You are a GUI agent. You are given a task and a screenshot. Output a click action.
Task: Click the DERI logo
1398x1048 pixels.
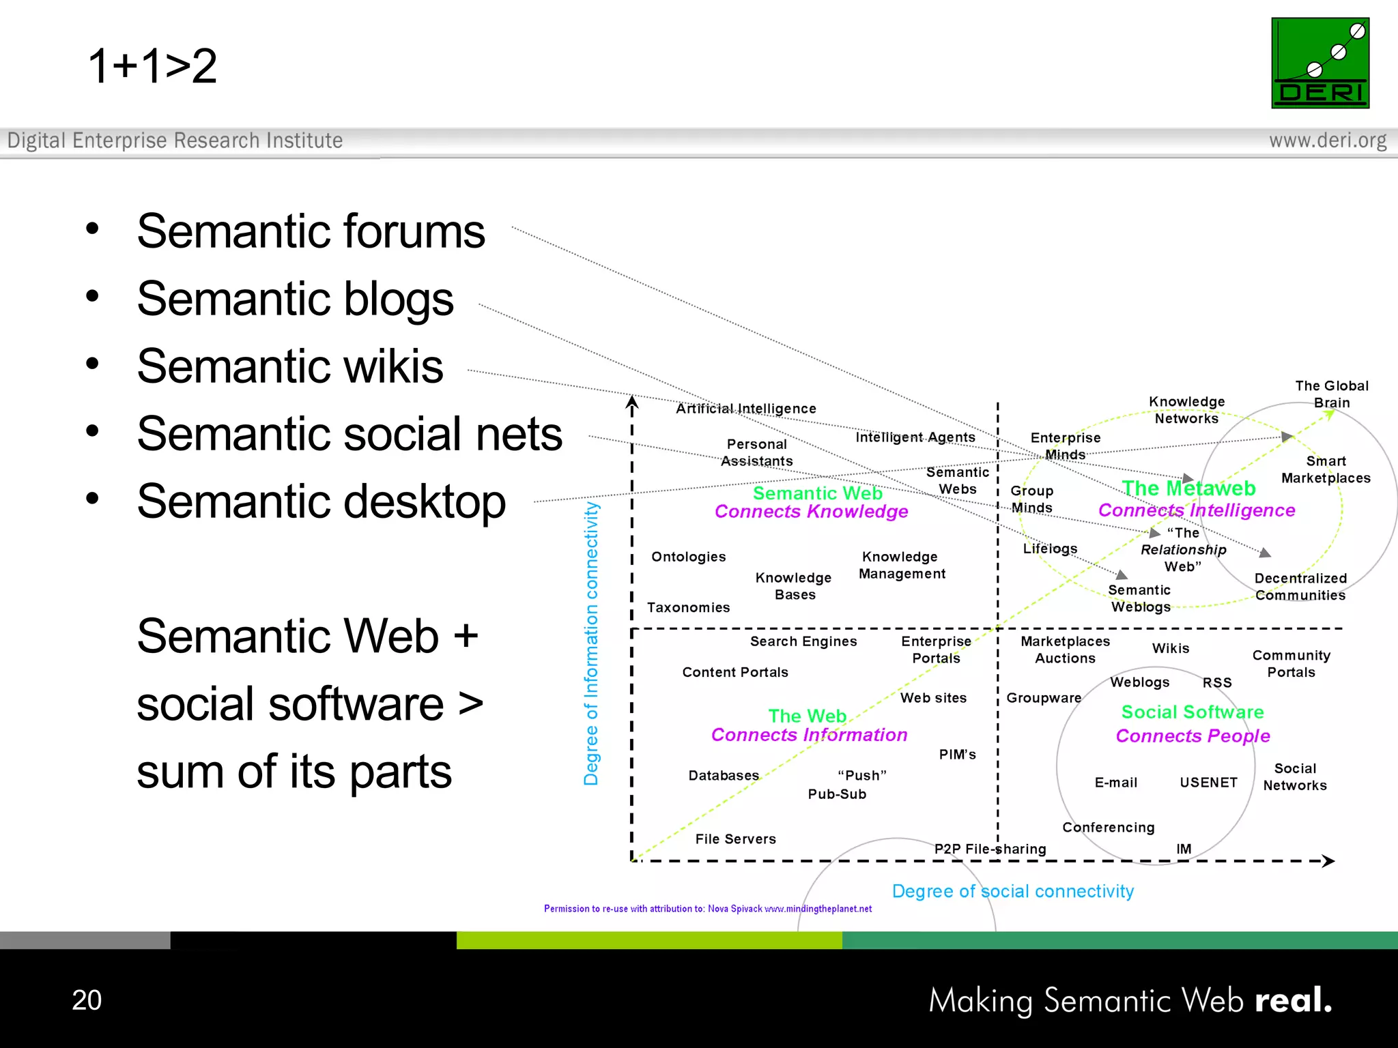(1319, 63)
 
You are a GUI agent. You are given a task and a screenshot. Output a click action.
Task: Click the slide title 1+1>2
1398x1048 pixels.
(152, 66)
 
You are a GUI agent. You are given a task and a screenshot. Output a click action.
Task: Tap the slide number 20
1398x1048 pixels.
(87, 1000)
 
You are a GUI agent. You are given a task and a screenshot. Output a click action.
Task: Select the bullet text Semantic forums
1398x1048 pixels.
(311, 231)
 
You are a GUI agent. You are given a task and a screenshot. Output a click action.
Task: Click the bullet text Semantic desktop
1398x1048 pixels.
(321, 501)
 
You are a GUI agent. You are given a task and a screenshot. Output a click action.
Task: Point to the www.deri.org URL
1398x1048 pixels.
(1327, 141)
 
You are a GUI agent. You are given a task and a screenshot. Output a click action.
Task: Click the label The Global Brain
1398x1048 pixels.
(1331, 394)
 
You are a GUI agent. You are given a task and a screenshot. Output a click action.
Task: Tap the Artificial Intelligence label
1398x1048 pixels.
(745, 409)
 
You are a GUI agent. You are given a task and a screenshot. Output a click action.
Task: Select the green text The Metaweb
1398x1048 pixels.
(1188, 489)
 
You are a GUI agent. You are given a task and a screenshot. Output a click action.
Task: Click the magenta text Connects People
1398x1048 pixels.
(1193, 736)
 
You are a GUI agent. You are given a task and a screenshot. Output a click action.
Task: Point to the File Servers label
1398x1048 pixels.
(735, 839)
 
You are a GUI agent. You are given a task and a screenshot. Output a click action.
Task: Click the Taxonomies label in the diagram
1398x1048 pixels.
(688, 607)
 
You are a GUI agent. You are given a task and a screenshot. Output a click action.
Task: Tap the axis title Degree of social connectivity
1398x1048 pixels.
(1012, 891)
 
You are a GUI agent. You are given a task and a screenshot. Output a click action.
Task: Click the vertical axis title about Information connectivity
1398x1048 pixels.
(591, 643)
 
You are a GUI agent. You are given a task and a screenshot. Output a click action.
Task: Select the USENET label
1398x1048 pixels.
(1208, 783)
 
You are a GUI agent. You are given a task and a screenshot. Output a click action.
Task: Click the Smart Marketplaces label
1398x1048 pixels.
(1326, 469)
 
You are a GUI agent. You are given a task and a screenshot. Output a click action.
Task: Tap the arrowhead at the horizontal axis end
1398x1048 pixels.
(1328, 861)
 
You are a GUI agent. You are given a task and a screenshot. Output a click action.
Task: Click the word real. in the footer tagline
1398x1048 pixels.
(1293, 1000)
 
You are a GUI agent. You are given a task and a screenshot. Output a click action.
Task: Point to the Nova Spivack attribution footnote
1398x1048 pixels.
(707, 909)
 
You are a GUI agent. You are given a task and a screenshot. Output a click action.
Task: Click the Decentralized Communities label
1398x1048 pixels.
(1300, 587)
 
